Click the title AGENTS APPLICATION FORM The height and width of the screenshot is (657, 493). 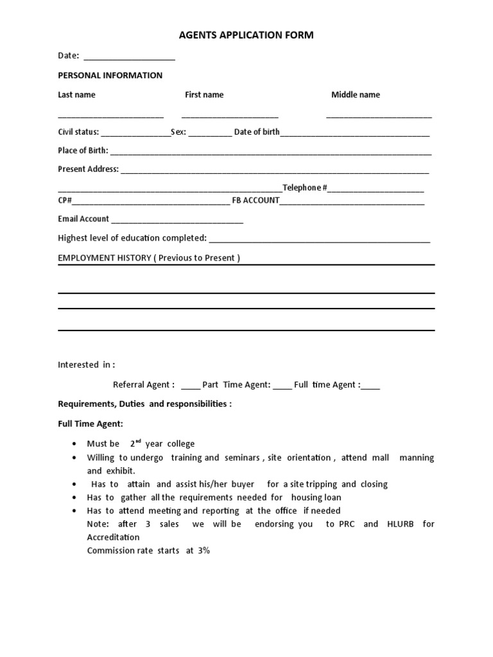tap(246, 35)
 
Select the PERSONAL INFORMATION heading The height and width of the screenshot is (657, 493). tap(110, 75)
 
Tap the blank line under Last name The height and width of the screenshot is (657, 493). tap(110, 116)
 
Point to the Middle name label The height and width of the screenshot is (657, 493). tap(355, 94)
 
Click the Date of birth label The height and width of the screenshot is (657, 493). tap(257, 132)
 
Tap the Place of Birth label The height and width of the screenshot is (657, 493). tap(83, 150)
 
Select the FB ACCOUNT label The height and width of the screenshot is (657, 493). tap(255, 200)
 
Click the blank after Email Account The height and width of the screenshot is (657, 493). tap(177, 221)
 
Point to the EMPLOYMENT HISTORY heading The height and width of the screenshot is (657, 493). tap(149, 258)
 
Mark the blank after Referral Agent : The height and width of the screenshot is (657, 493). tap(190, 387)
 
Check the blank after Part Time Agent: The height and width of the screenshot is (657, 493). tap(282, 387)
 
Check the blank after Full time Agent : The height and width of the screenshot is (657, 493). tap(370, 387)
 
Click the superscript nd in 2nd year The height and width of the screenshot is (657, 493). tap(138, 441)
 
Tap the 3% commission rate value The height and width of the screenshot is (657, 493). tap(203, 550)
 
